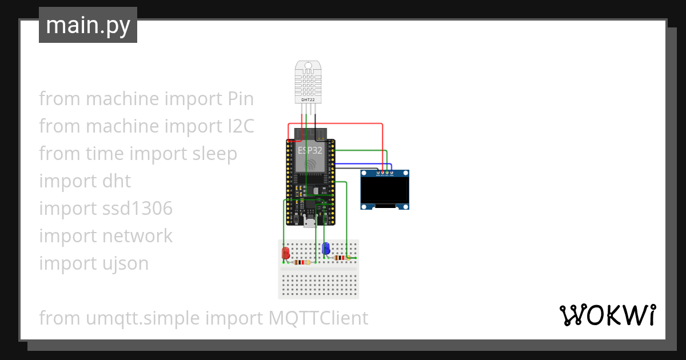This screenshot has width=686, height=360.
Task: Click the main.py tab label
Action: tap(88, 25)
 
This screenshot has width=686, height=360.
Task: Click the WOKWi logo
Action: tap(607, 315)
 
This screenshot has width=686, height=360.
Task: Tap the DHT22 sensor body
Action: tap(308, 80)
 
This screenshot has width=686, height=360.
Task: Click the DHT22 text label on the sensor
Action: tap(308, 100)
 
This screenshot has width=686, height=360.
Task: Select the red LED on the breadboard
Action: tap(285, 252)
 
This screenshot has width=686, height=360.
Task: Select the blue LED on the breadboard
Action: tap(326, 248)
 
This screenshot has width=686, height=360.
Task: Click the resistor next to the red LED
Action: tap(302, 262)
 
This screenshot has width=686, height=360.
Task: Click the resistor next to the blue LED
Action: tap(340, 258)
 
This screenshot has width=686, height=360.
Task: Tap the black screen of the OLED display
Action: tap(385, 190)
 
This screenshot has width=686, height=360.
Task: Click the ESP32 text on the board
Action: tap(309, 151)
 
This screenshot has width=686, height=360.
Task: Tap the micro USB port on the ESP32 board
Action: tap(310, 223)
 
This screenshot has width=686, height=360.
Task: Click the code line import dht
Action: tap(85, 181)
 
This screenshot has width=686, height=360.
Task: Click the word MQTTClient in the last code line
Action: tap(318, 318)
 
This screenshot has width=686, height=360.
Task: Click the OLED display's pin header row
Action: tap(384, 173)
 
